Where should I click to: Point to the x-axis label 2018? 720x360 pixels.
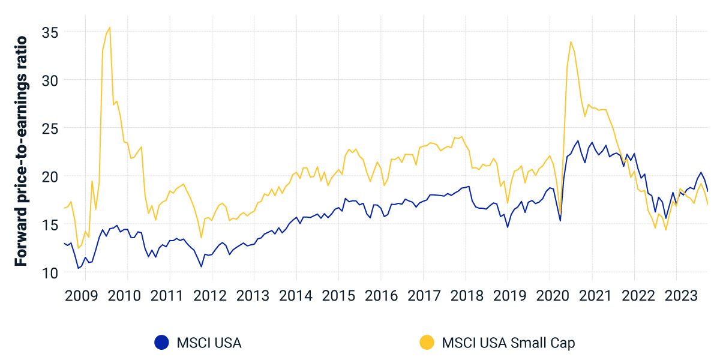pyautogui.click(x=466, y=296)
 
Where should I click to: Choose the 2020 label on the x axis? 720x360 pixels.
pyautogui.click(x=550, y=296)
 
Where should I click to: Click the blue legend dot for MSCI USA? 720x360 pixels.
pyautogui.click(x=161, y=343)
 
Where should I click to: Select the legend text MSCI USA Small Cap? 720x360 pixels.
pyautogui.click(x=508, y=343)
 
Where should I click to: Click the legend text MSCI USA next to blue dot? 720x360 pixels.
pyautogui.click(x=209, y=343)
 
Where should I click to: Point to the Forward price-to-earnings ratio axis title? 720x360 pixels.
pyautogui.click(x=21, y=151)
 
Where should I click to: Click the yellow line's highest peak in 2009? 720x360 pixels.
pyautogui.click(x=109, y=27)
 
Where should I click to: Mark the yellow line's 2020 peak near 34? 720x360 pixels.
pyautogui.click(x=571, y=41)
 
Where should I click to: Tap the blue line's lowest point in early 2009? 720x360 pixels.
pyautogui.click(x=78, y=268)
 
